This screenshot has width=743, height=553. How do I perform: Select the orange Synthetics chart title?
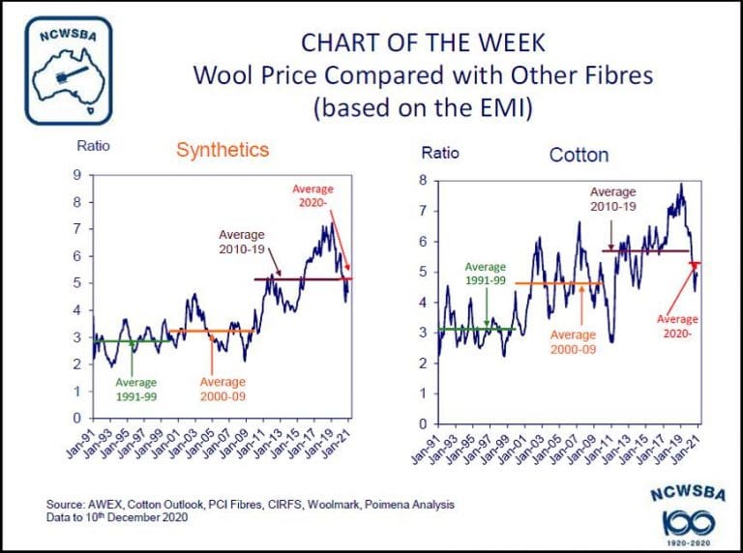(x=222, y=151)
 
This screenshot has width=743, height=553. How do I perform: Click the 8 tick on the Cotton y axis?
(x=423, y=181)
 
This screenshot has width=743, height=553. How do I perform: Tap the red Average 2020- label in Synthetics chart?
(x=314, y=197)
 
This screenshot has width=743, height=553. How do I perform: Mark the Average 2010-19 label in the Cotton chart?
(x=613, y=200)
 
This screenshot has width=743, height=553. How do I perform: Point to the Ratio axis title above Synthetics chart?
(x=94, y=147)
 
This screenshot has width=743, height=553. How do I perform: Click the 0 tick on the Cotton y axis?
(x=423, y=424)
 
